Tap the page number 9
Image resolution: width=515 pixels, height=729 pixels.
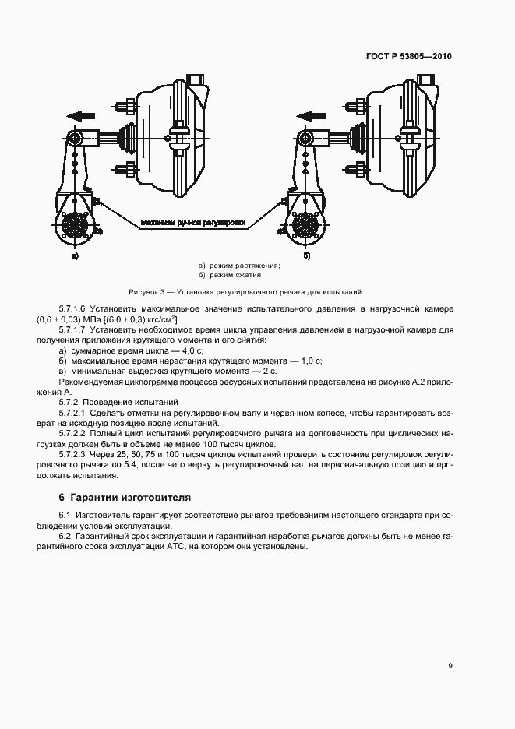tap(450, 665)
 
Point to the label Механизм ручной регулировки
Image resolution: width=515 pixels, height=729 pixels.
tap(192, 223)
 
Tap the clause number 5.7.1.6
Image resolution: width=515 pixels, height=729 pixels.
tap(73, 309)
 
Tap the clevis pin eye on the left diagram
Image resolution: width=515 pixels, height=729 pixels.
tap(75, 139)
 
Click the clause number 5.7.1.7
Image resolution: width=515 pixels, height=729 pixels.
tap(73, 329)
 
